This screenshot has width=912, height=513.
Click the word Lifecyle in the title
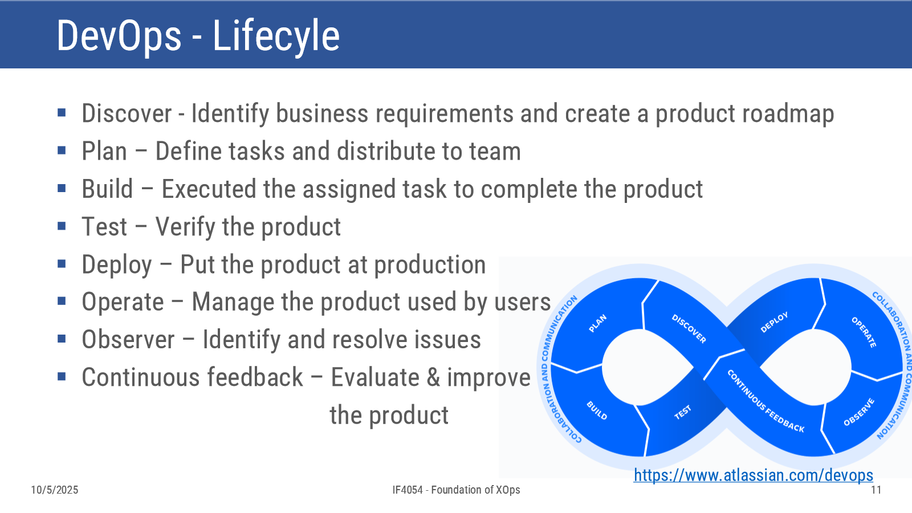[x=276, y=36]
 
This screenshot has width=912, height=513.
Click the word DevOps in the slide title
[x=119, y=36]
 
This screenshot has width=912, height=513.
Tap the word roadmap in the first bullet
[x=744, y=114]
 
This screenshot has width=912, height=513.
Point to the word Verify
[x=185, y=227]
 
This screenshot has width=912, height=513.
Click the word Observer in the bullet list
[x=128, y=340]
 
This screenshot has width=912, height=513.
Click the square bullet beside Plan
[x=62, y=151]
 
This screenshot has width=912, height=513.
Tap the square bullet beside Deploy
[x=62, y=264]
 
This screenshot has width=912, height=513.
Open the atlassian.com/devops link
[x=753, y=475]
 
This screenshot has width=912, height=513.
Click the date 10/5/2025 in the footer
[x=55, y=490]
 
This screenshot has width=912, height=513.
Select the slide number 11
[x=876, y=490]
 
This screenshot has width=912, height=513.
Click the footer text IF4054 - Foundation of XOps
[x=456, y=490]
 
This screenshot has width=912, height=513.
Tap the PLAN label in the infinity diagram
[x=598, y=323]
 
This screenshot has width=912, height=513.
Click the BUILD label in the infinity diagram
[x=597, y=410]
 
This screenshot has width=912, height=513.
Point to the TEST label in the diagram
[x=683, y=413]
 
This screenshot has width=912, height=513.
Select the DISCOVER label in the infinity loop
[x=689, y=328]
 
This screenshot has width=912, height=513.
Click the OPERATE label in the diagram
[x=864, y=332]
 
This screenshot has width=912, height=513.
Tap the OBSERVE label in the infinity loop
[x=859, y=412]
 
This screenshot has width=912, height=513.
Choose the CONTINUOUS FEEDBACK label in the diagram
[x=766, y=401]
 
